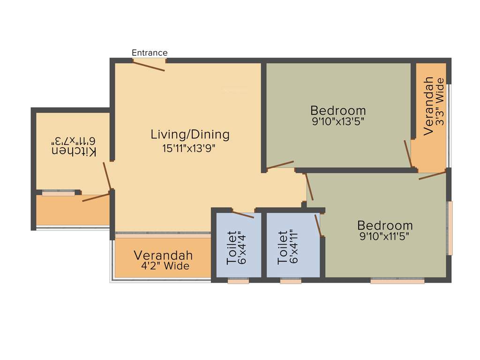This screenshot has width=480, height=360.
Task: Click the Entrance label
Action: (x=150, y=52)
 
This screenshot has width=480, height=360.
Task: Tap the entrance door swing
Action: (x=149, y=65)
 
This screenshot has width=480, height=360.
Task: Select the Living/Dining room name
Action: (x=190, y=135)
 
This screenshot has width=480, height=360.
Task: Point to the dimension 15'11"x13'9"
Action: (x=190, y=149)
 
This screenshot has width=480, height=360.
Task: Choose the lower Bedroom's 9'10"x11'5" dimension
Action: (x=384, y=236)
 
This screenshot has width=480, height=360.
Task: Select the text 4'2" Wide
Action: (x=165, y=266)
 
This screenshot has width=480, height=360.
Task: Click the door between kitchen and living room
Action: (x=108, y=176)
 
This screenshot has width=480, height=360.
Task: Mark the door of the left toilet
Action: (x=243, y=215)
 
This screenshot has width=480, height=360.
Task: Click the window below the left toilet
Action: (x=238, y=281)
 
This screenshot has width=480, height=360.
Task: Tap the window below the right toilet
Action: (x=291, y=281)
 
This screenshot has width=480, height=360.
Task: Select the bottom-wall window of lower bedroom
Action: (x=397, y=281)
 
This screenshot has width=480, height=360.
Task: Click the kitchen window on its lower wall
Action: (x=58, y=192)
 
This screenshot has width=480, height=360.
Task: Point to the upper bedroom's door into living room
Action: (x=280, y=165)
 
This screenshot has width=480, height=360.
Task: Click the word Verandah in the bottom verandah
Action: (x=163, y=255)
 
